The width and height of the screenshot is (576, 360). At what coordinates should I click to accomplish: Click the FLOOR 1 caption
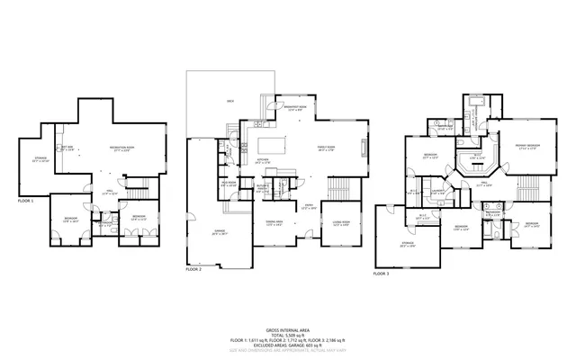coord(25,201)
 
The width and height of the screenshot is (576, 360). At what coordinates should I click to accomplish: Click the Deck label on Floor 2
coord(230,102)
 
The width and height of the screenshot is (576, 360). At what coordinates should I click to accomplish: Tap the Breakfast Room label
coord(295,107)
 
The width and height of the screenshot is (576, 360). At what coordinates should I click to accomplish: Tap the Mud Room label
coord(229,182)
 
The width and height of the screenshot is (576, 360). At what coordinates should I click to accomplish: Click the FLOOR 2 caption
coord(193,269)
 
